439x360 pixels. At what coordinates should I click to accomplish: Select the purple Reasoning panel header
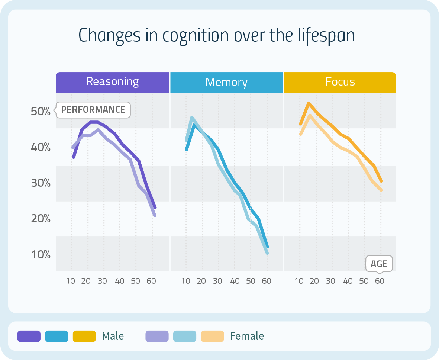point(112,82)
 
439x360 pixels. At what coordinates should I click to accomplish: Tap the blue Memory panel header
point(226,82)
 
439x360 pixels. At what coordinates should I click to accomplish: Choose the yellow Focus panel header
point(340,82)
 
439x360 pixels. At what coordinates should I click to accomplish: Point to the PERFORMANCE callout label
point(93,110)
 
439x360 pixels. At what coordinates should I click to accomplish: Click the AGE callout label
point(379,264)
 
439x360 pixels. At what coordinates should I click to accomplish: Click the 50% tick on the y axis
point(41,111)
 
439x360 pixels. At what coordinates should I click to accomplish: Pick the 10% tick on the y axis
point(41,255)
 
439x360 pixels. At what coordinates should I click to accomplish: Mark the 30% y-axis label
point(41,183)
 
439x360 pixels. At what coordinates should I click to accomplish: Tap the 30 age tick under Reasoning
point(102,281)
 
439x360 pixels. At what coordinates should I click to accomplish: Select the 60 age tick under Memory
point(266,281)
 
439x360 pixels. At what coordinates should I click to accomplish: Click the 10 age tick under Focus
point(299,281)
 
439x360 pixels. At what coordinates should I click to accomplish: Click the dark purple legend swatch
point(29,336)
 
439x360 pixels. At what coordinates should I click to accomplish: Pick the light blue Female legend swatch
point(185,336)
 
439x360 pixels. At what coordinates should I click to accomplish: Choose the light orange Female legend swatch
point(212,336)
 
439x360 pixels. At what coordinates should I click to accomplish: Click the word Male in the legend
point(113,336)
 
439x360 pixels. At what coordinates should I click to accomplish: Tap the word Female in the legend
point(247,336)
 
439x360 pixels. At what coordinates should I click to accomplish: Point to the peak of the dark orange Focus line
point(309,103)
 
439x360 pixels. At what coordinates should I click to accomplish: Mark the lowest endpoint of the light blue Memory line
point(267,253)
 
